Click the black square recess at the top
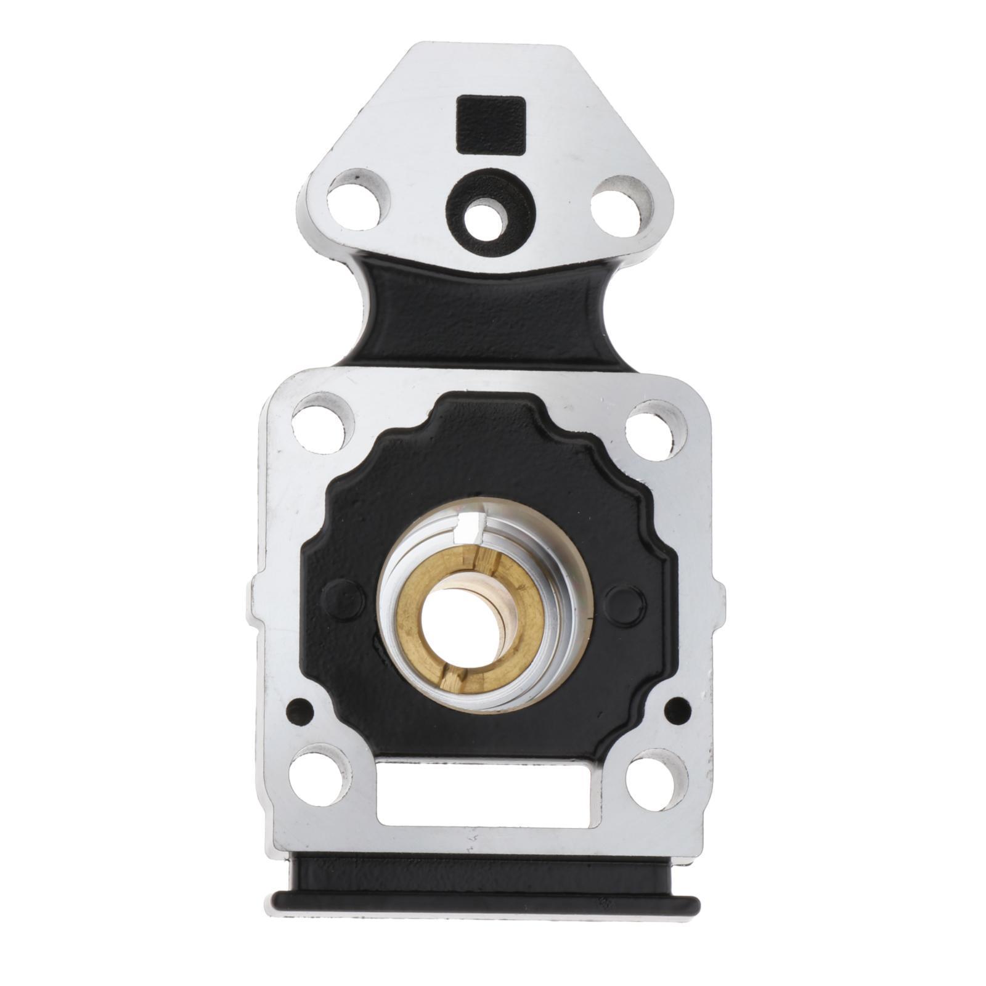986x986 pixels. (491, 124)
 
